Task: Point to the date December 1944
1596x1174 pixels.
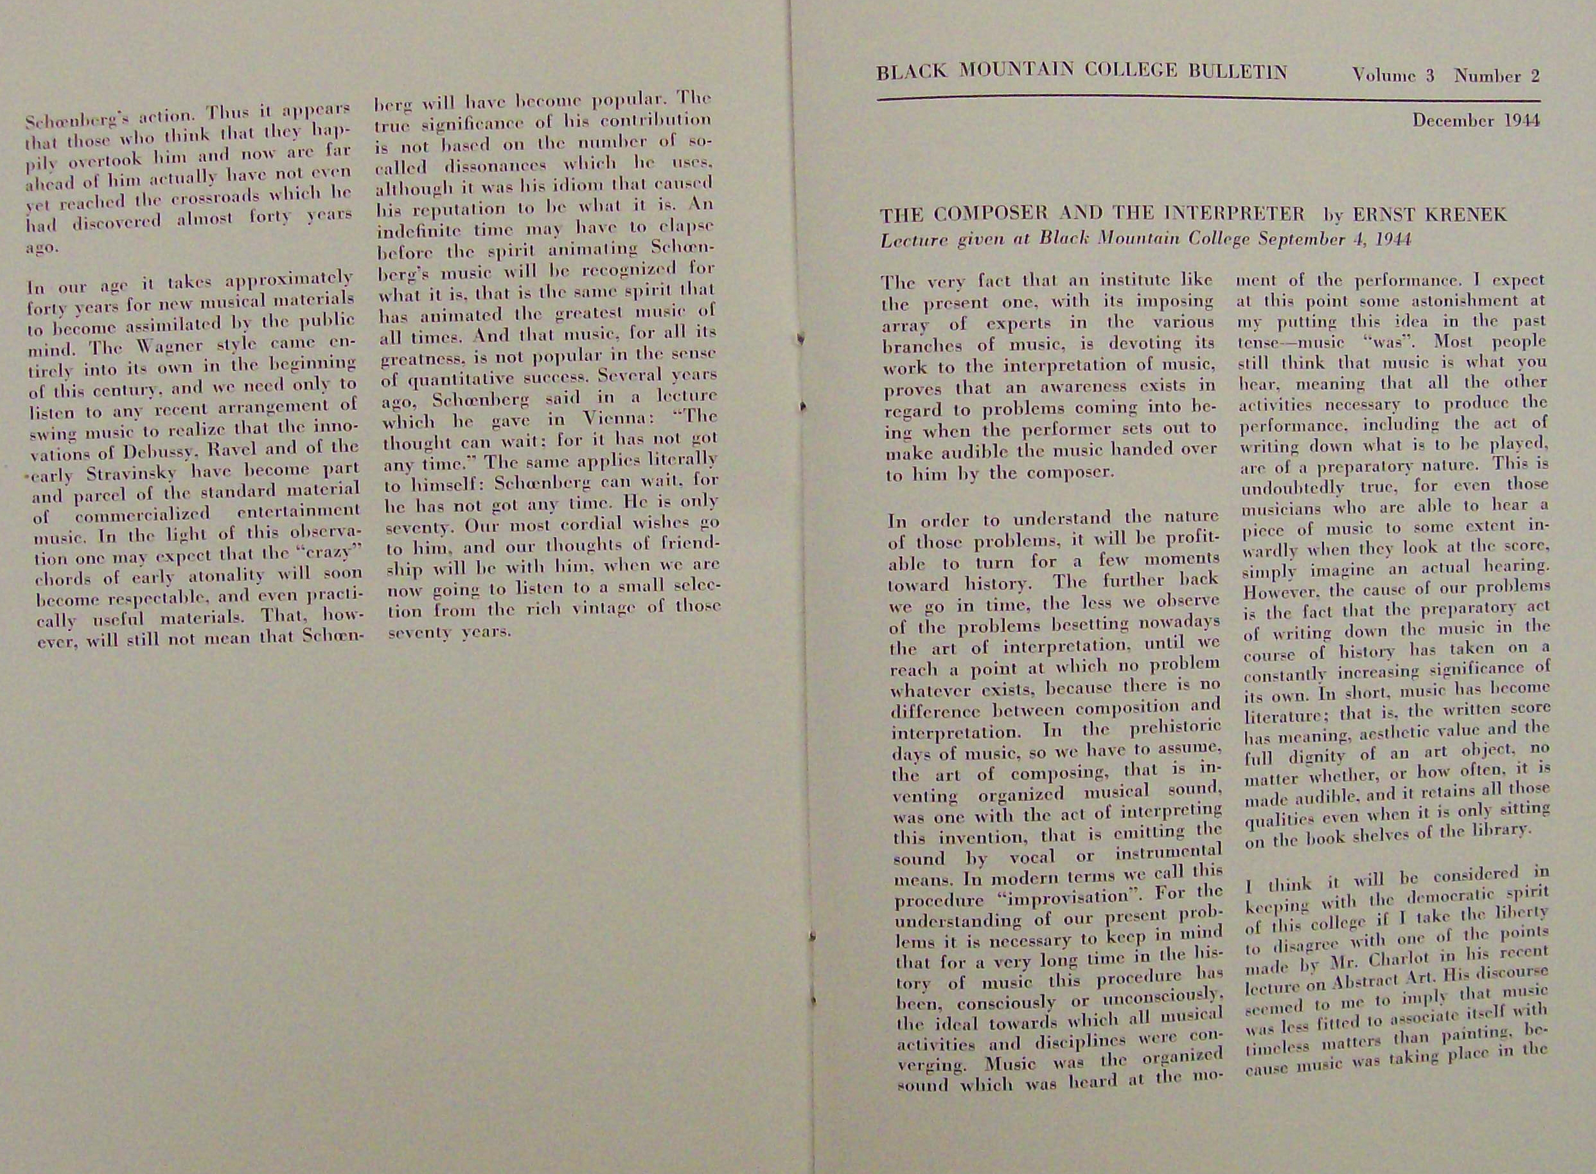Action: point(1476,121)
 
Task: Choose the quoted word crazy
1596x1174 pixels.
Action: point(324,553)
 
